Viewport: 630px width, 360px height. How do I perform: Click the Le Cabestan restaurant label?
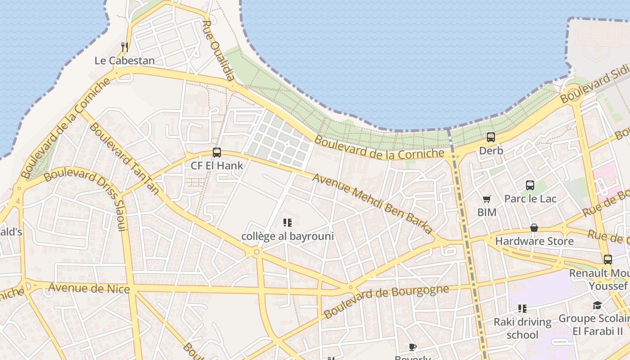click(x=125, y=60)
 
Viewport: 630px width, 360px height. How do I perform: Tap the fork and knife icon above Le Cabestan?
click(x=125, y=47)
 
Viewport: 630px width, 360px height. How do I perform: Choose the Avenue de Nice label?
click(x=89, y=288)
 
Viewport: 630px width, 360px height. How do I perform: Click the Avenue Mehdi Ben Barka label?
click(x=372, y=204)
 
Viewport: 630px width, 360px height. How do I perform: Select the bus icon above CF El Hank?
click(x=217, y=153)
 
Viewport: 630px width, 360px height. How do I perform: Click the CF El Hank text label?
click(x=217, y=166)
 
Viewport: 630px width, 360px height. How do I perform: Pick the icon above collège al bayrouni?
click(x=288, y=222)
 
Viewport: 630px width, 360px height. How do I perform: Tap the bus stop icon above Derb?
click(x=491, y=137)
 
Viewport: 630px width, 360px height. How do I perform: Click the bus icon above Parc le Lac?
click(x=530, y=185)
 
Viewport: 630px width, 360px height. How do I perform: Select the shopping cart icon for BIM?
click(x=486, y=199)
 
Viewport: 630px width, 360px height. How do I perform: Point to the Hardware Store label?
click(x=534, y=241)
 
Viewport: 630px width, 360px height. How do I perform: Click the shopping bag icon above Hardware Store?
click(x=534, y=228)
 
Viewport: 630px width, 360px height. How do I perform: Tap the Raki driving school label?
click(x=522, y=328)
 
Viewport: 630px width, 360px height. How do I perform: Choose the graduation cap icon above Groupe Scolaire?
click(x=597, y=306)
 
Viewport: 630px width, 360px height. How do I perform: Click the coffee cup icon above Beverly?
click(x=413, y=347)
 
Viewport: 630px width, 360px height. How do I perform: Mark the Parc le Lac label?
click(x=530, y=198)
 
